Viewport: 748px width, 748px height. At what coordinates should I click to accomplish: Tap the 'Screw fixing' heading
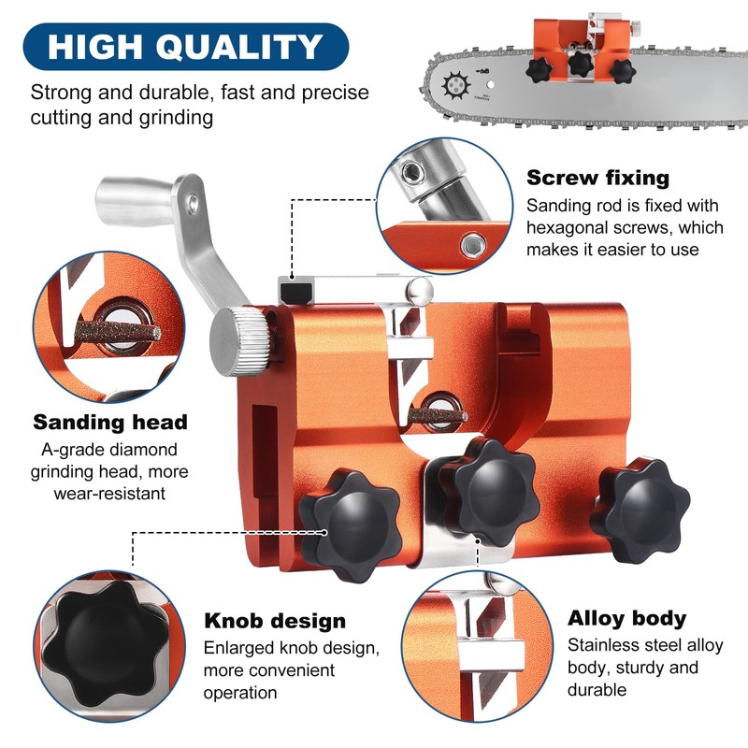pyautogui.click(x=597, y=178)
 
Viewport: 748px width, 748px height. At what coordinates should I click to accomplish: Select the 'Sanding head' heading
pyautogui.click(x=110, y=422)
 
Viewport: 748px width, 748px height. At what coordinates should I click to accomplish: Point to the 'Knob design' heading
pyautogui.click(x=275, y=621)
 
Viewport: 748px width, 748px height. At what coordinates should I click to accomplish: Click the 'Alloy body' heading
pyautogui.click(x=626, y=618)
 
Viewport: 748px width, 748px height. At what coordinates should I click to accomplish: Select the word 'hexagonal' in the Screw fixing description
pyautogui.click(x=570, y=227)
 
